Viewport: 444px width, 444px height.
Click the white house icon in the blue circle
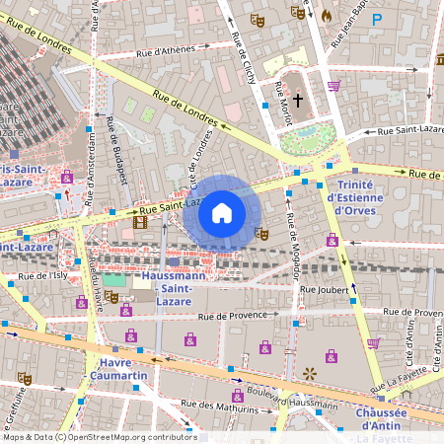tap(222, 212)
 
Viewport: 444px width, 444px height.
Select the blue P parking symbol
tap(376, 18)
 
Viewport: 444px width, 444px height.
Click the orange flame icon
tap(327, 15)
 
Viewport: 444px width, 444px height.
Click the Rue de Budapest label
tap(117, 149)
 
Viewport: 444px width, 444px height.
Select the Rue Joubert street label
tap(325, 290)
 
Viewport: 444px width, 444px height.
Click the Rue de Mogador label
tap(291, 246)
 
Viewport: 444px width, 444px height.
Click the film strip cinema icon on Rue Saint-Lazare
tap(140, 223)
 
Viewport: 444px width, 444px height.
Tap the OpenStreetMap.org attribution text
tap(128, 437)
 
